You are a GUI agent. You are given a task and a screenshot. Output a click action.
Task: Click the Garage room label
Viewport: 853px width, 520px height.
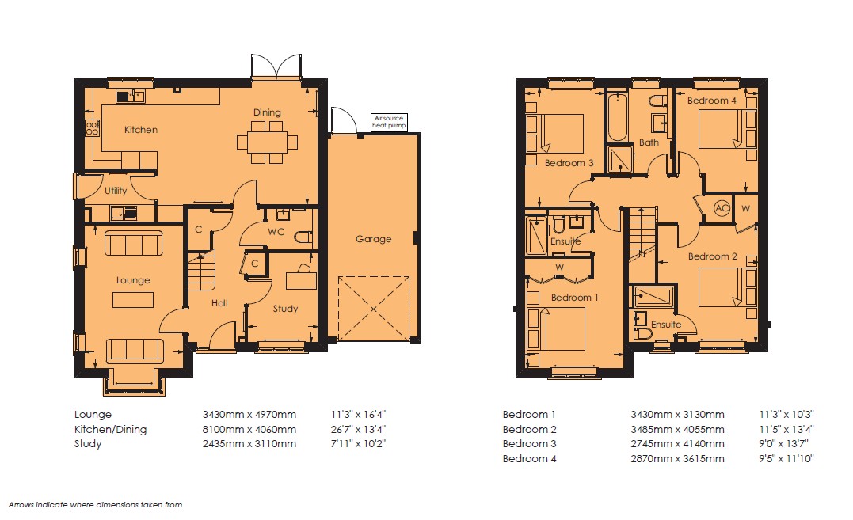(373, 238)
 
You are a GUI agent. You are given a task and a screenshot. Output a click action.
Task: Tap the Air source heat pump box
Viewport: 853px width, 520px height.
(389, 122)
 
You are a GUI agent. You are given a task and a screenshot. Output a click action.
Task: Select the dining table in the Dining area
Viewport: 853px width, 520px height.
(267, 142)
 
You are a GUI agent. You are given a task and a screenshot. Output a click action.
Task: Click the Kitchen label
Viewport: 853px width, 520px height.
(141, 129)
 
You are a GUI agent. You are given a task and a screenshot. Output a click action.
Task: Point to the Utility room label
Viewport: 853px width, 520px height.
(116, 191)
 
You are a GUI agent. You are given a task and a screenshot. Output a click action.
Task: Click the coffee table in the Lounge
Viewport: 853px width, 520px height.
(133, 300)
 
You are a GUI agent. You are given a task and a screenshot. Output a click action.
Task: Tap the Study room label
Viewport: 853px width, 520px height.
(285, 309)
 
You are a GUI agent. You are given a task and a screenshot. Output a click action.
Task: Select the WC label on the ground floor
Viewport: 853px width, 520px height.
(276, 231)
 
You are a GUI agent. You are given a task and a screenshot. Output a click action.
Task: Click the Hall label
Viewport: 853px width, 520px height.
(219, 303)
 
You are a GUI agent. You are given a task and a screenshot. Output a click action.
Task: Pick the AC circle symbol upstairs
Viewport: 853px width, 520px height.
(722, 208)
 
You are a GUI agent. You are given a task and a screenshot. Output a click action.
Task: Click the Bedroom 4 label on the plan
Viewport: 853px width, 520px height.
(711, 101)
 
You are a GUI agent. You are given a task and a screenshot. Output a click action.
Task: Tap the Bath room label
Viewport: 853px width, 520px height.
(649, 142)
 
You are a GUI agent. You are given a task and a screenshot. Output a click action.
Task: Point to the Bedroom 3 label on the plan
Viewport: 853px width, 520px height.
(569, 163)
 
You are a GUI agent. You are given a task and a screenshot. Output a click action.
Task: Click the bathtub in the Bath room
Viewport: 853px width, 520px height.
(618, 117)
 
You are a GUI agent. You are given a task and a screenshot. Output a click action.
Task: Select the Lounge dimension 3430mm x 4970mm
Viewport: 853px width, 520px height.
(249, 415)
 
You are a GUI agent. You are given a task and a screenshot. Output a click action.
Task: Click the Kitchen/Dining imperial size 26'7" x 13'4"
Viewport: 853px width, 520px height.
(358, 429)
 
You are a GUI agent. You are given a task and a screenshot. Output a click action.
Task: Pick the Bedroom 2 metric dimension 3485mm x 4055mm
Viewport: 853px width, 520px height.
(677, 429)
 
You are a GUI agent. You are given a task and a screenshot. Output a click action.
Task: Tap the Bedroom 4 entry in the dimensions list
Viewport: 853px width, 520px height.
(529, 458)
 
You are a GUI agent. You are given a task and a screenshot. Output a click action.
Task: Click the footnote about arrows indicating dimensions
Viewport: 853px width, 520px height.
(95, 505)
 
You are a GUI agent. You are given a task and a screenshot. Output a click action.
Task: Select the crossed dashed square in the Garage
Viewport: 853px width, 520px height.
(374, 309)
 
